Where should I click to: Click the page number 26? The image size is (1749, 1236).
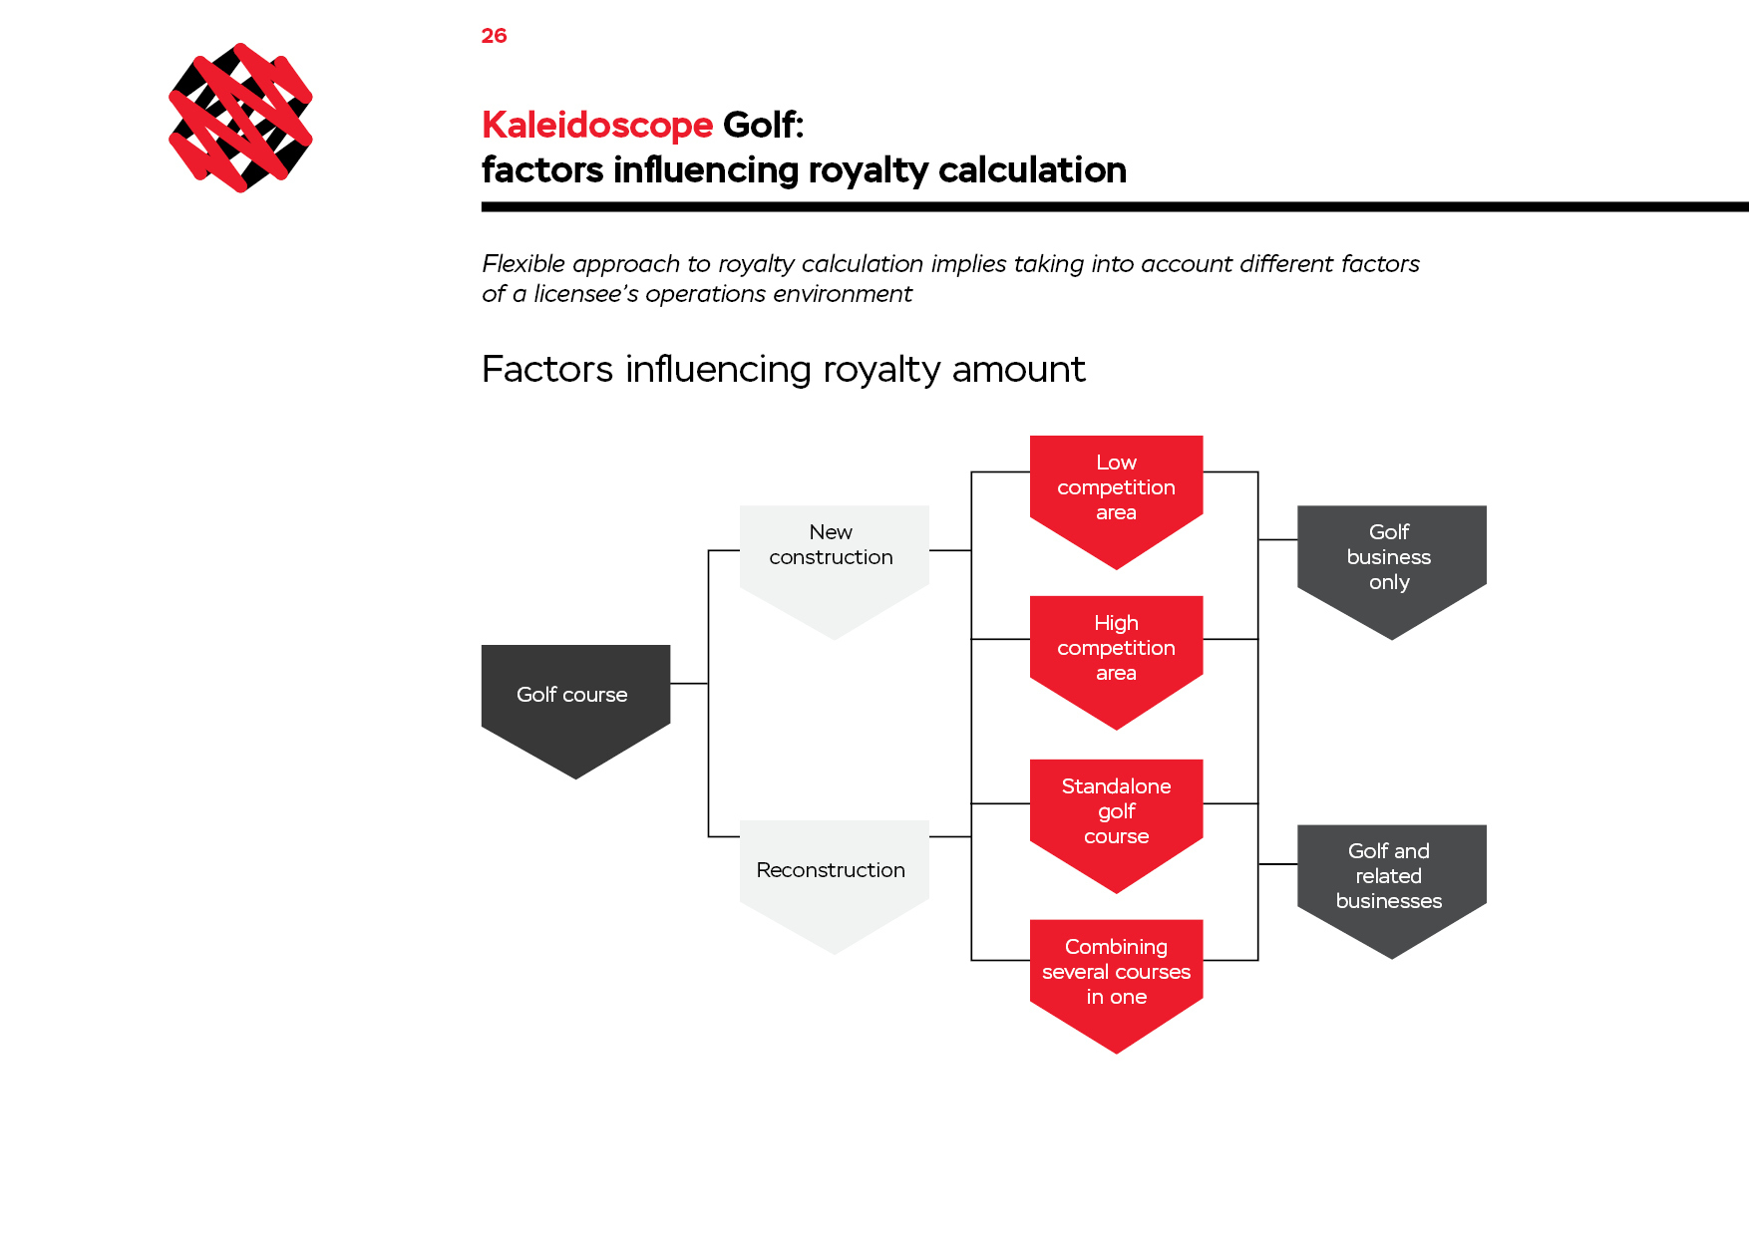[x=494, y=36]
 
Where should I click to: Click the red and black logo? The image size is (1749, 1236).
[x=240, y=118]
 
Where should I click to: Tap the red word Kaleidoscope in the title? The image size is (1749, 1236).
[x=597, y=126]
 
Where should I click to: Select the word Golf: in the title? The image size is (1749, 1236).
[x=763, y=126]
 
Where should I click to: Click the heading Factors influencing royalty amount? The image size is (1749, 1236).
[x=783, y=369]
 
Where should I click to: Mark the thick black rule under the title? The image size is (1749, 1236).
[x=1115, y=207]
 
